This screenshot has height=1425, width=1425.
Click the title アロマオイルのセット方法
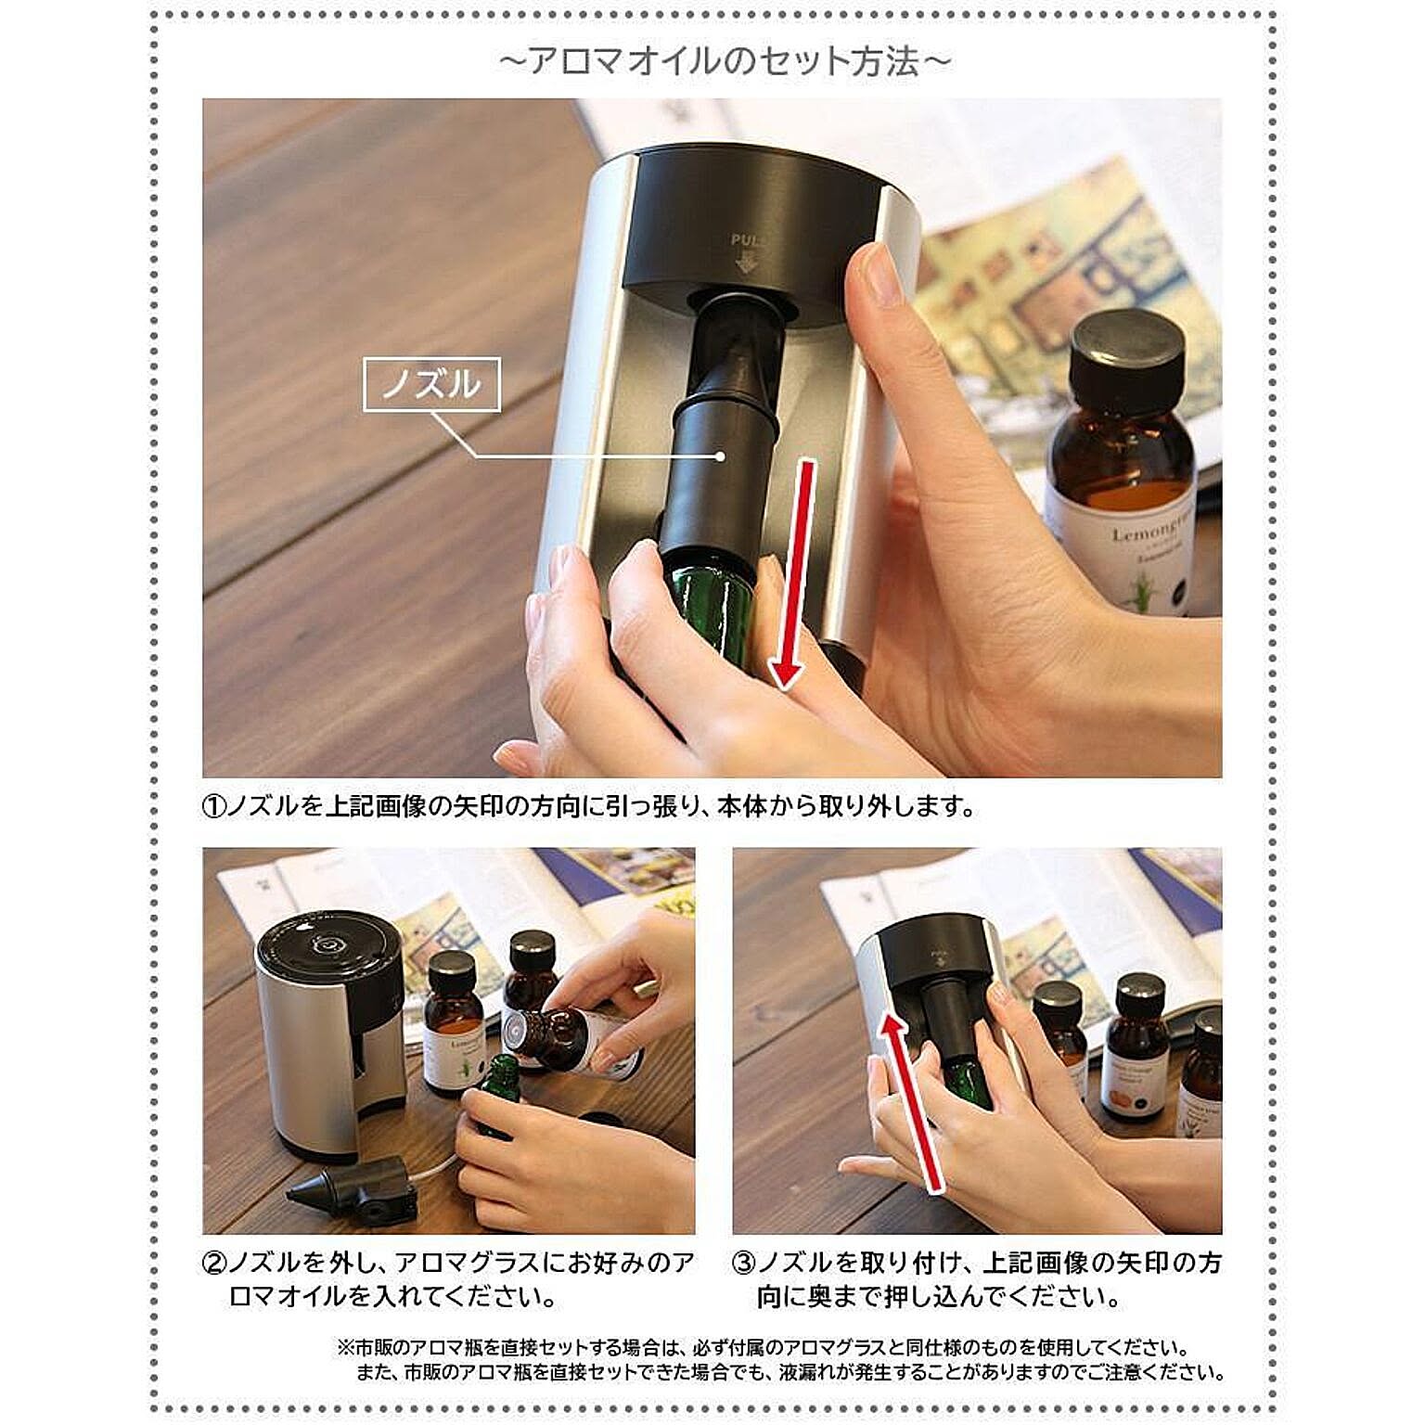[725, 62]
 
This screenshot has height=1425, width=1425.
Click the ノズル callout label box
[431, 384]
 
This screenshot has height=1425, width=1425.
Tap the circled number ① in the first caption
[214, 806]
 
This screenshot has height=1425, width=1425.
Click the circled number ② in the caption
[214, 1263]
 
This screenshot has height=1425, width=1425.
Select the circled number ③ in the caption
[744, 1263]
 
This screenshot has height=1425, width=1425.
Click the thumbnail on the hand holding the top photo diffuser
[877, 276]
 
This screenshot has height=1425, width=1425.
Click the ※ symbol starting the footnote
[345, 1347]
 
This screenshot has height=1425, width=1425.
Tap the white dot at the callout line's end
[720, 456]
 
